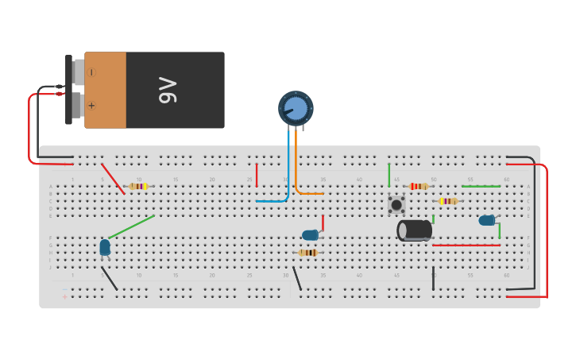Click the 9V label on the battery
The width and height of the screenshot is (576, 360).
[x=168, y=90]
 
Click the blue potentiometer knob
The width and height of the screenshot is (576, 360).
[x=296, y=108]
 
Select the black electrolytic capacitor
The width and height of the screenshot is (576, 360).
[x=415, y=230]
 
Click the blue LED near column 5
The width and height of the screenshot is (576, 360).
[x=105, y=247]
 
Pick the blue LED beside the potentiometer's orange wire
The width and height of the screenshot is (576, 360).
[x=310, y=235]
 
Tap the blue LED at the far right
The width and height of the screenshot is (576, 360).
[x=486, y=220]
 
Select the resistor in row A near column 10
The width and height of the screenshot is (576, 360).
[x=138, y=186]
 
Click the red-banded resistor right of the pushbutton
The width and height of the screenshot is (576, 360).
[x=419, y=186]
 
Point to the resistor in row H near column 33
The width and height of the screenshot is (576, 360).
[x=307, y=253]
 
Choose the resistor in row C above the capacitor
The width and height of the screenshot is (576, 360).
[x=448, y=201]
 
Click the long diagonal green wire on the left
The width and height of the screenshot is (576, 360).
[x=131, y=227]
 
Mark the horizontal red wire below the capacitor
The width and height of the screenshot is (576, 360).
[x=466, y=245]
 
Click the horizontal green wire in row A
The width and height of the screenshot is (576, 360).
[x=481, y=186]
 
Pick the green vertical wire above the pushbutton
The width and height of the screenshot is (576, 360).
[x=389, y=175]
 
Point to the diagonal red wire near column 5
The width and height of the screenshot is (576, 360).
[x=113, y=179]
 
